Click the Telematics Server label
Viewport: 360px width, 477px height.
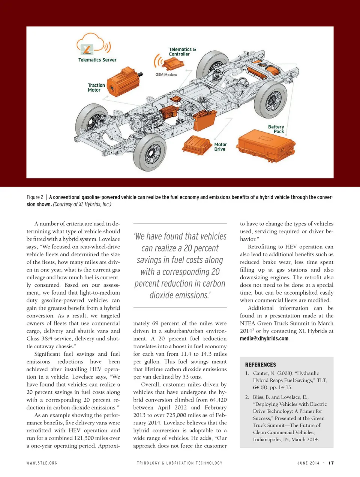coord(97,60)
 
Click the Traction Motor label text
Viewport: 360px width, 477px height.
coord(96,87)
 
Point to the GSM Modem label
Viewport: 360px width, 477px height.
coord(166,75)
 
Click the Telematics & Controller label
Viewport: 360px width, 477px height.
coord(182,52)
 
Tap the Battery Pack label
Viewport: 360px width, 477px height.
coord(276,129)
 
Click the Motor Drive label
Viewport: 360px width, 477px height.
coord(220,147)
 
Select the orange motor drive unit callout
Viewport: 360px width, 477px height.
coord(197,145)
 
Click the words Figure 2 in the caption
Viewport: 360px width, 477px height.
coord(35,197)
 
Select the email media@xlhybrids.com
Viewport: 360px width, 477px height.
coord(264,339)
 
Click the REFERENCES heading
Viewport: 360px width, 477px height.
coord(260,364)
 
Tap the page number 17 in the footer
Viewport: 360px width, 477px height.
coord(331,463)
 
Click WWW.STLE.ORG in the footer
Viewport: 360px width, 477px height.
coord(42,463)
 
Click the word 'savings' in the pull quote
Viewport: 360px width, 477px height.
coord(150,260)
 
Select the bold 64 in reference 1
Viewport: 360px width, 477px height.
coord(256,387)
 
